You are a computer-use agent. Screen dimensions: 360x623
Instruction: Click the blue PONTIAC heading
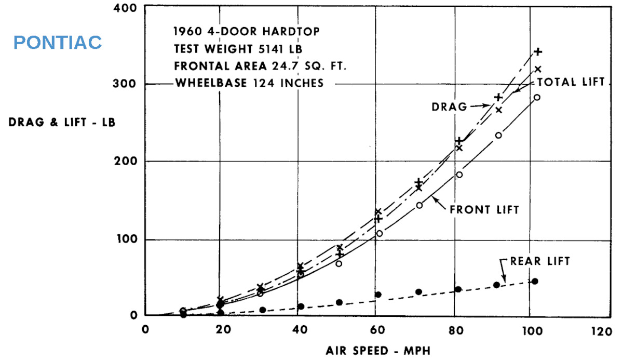[58, 43]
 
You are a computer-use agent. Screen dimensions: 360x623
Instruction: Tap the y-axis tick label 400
[126, 8]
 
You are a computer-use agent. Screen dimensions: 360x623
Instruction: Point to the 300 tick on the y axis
[126, 84]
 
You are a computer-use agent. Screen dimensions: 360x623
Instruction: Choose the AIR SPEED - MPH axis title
[378, 351]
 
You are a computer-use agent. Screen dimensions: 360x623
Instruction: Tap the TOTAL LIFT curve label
[571, 82]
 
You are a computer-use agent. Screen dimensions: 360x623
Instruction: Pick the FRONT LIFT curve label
[484, 210]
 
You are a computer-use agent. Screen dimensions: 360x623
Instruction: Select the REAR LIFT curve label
[540, 261]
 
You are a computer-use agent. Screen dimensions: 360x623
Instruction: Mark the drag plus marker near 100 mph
[538, 51]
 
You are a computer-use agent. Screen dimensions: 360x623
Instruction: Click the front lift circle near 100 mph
[537, 97]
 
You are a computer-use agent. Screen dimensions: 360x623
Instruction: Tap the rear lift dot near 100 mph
[535, 281]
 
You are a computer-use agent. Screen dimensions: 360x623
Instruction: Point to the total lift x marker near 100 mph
[538, 69]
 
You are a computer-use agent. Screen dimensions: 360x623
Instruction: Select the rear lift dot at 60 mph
[378, 295]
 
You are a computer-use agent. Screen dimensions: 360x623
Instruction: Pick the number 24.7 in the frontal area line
[281, 65]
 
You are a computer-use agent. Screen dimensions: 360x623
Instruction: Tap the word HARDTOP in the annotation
[290, 31]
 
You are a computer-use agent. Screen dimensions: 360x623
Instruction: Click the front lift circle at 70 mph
[419, 205]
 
